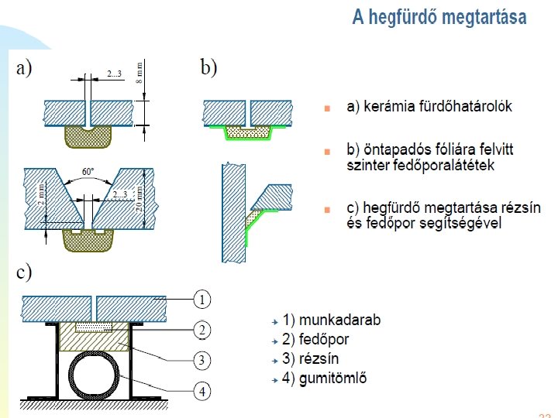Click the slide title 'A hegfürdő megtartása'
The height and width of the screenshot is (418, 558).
coord(439,18)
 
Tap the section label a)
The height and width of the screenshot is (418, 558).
coord(24,68)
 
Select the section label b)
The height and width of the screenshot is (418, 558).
coord(208,68)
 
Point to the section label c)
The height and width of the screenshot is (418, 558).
coord(24,272)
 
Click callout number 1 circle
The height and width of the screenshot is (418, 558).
coord(201,299)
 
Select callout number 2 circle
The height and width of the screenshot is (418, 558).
coord(201,329)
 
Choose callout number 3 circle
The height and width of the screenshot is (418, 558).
coord(201,361)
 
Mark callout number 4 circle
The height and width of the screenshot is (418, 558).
coord(201,392)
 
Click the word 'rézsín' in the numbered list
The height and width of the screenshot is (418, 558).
coord(325,359)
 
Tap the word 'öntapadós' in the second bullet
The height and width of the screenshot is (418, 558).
coord(392,149)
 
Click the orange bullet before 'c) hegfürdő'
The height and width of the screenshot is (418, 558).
coord(328,210)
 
